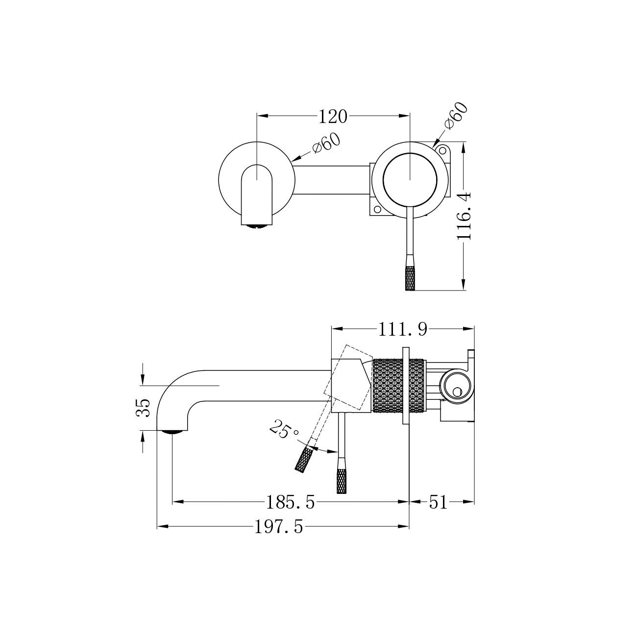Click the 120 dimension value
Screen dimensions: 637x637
333,117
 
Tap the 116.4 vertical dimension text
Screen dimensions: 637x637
464,216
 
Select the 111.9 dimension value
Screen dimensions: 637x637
403,329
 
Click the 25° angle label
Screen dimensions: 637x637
284,429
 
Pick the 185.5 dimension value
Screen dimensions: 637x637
291,503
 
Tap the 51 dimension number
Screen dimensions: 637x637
438,503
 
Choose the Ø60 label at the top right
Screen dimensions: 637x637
457,116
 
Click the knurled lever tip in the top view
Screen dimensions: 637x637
410,278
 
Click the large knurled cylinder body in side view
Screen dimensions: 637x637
398,386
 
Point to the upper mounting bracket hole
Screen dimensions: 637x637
442,150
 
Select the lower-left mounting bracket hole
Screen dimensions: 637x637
376,209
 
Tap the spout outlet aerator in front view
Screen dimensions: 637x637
257,226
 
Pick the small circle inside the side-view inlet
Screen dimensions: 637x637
457,392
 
